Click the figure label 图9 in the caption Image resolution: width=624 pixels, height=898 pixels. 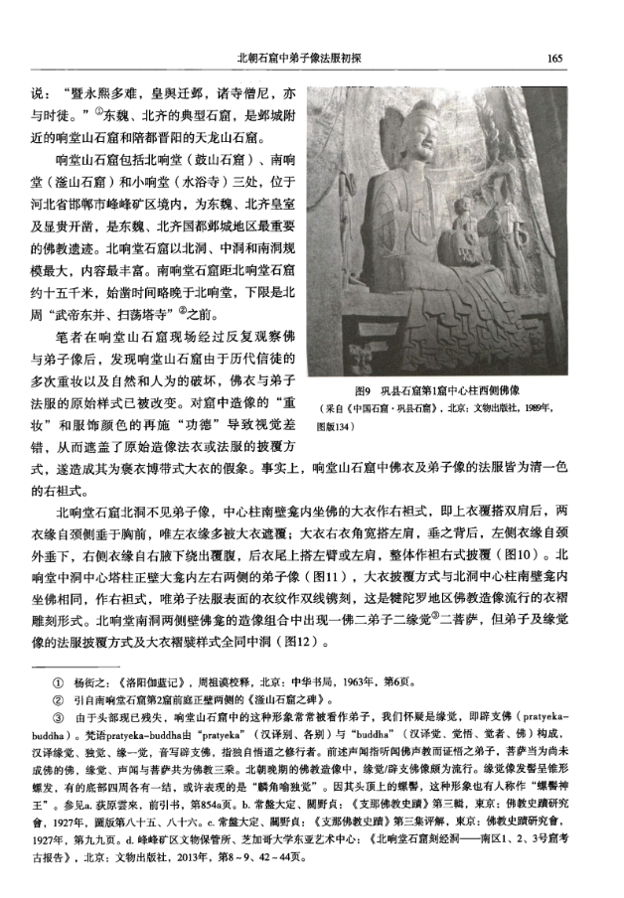tap(365, 392)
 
